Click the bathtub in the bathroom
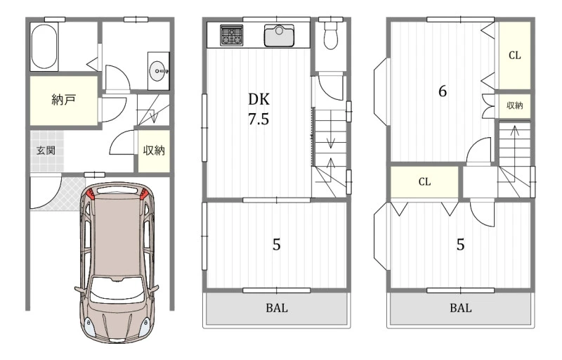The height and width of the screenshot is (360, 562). [x=44, y=46]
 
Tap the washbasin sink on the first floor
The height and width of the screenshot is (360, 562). [x=159, y=71]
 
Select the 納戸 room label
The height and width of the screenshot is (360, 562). [x=63, y=100]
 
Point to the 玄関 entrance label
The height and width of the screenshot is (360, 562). [x=46, y=150]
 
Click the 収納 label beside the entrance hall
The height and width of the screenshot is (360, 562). [x=154, y=150]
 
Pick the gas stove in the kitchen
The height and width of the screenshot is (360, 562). [x=231, y=35]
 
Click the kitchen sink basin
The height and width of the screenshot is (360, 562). [x=279, y=35]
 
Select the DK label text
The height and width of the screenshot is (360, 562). [x=259, y=99]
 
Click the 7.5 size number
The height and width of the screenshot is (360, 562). [x=259, y=119]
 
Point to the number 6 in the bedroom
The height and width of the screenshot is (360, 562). [x=443, y=91]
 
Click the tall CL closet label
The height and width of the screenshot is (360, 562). [x=515, y=56]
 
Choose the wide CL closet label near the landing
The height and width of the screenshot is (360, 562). [x=425, y=182]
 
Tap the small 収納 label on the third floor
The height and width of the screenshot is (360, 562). [x=515, y=105]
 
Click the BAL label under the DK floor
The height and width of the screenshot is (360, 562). [x=277, y=308]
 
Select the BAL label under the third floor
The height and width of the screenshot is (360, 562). [x=461, y=308]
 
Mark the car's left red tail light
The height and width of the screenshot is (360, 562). [x=91, y=194]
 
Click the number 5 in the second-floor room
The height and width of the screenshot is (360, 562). [x=276, y=245]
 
